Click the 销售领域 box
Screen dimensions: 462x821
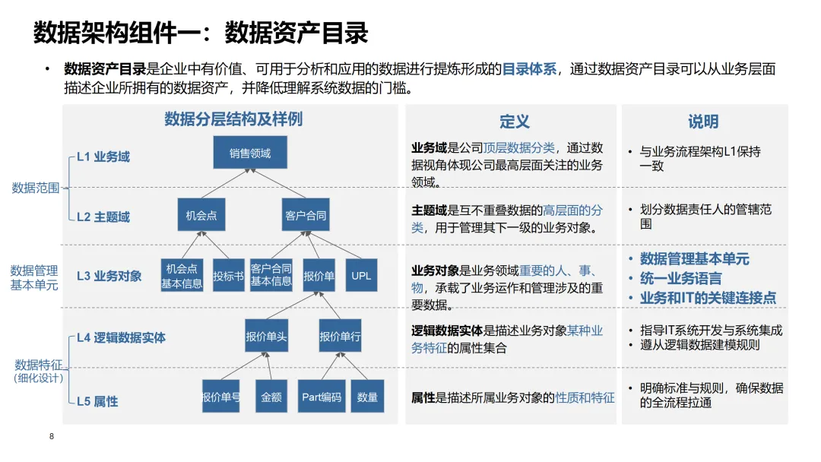click(x=250, y=153)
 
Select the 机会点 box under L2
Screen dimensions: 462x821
click(x=201, y=215)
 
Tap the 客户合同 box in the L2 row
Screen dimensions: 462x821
click(x=306, y=215)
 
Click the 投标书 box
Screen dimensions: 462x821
click(x=228, y=276)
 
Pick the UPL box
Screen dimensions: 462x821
click(x=361, y=276)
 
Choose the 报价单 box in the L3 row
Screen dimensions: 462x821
click(x=319, y=276)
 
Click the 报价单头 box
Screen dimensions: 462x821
click(x=266, y=336)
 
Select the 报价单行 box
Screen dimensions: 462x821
click(x=340, y=336)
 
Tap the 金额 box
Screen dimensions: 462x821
click(x=271, y=397)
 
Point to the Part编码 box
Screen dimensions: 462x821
click(x=322, y=397)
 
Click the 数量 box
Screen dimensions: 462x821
click(x=367, y=397)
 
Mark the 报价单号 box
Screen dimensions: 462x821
click(x=220, y=397)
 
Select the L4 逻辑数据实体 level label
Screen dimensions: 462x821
click(x=121, y=337)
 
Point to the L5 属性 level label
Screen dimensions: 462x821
click(x=97, y=400)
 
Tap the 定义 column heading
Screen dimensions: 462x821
click(x=514, y=122)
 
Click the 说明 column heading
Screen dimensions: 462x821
click(x=703, y=122)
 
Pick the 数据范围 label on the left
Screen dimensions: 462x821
click(x=35, y=188)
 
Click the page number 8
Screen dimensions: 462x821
click(x=52, y=436)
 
